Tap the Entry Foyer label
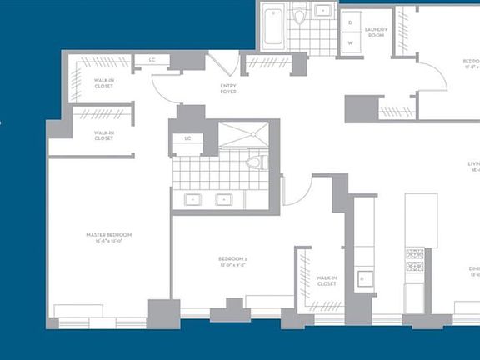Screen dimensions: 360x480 pos(227,88)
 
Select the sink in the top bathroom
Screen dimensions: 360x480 pos(322,12)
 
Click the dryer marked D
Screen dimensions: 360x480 pos(350,22)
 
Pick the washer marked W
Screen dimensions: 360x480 pos(350,42)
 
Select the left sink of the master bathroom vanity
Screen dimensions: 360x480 pos(193,200)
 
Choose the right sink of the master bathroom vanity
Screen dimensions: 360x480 pos(223,200)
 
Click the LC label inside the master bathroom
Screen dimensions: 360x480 pos(187,137)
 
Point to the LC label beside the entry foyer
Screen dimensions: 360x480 pos(152,60)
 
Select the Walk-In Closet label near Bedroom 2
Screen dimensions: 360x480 pos(326,281)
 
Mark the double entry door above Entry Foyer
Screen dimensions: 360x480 pos(222,64)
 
